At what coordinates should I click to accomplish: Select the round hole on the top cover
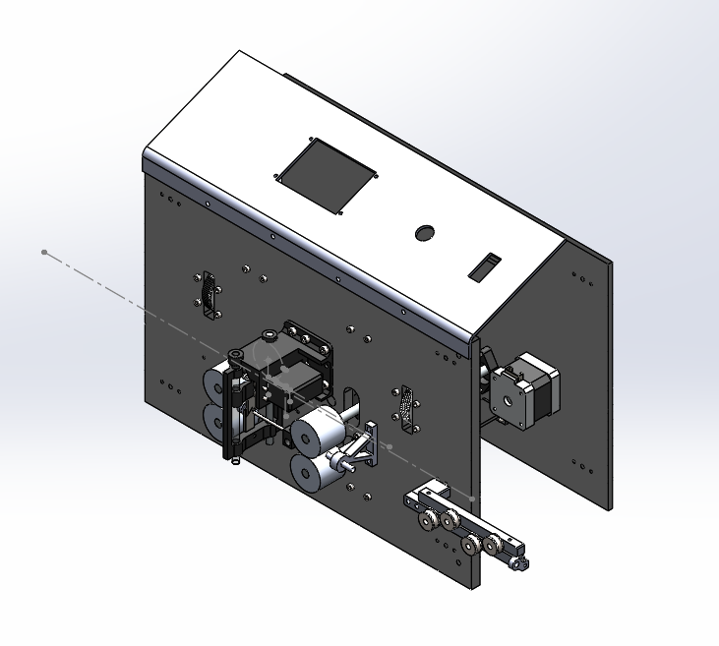(x=425, y=233)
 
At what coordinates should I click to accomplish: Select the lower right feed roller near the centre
(x=310, y=473)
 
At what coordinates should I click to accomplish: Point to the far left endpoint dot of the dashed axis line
(x=44, y=253)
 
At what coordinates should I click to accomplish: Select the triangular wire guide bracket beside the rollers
(x=362, y=448)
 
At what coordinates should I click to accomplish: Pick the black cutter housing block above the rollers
(x=295, y=369)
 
